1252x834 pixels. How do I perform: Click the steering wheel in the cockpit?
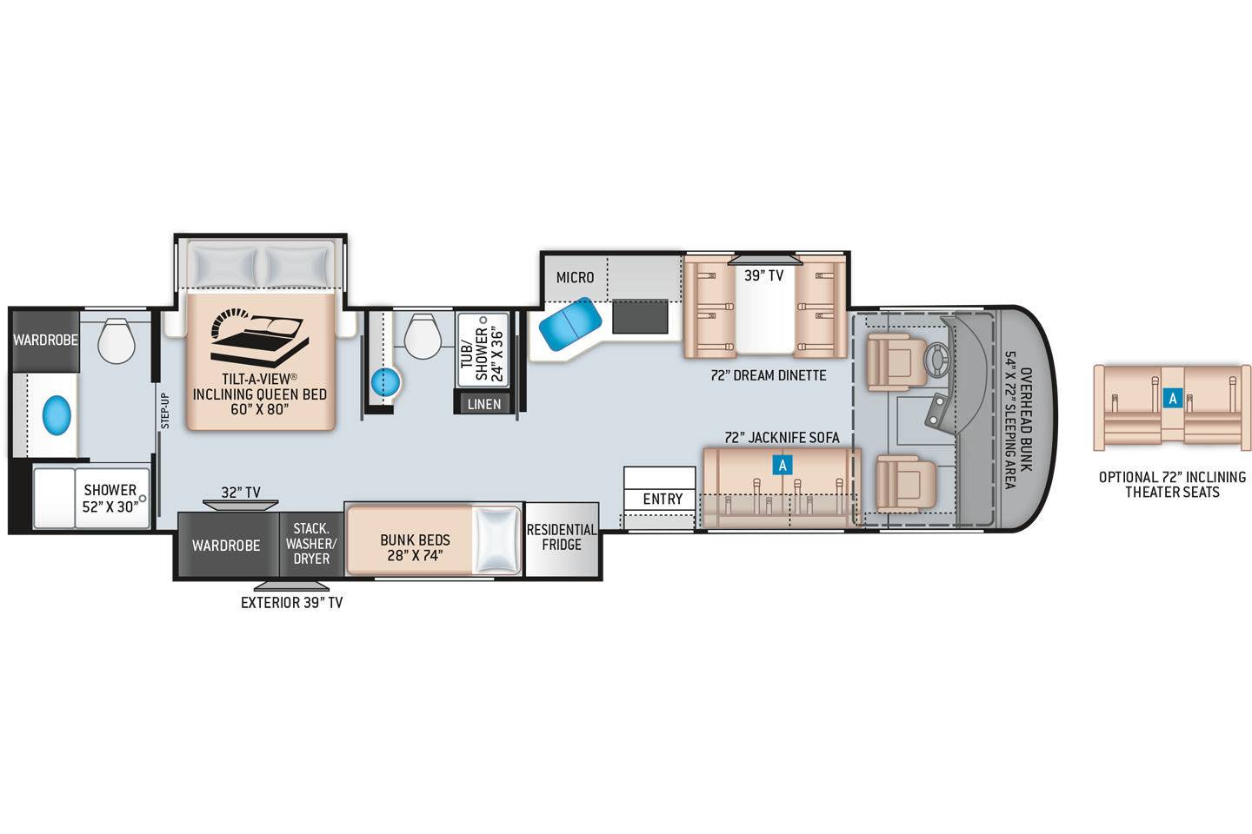pos(936,360)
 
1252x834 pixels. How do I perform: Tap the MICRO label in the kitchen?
pos(575,277)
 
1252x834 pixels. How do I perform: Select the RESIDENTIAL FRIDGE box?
pos(562,538)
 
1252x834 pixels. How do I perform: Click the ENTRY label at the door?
pos(663,499)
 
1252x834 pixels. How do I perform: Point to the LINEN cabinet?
pos(484,404)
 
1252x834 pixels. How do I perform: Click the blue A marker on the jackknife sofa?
pos(782,465)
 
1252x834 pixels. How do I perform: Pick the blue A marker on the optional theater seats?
pos(1172,399)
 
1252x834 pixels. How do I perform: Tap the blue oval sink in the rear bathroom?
pos(57,415)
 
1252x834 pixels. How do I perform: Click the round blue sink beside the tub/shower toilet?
pos(385,381)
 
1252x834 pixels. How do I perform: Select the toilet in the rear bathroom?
pos(116,340)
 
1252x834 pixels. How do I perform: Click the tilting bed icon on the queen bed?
pos(259,337)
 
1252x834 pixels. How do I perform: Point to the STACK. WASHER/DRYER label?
pos(311,544)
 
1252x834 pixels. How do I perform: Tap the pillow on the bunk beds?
pos(496,539)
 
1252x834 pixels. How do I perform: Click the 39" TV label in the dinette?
pos(763,275)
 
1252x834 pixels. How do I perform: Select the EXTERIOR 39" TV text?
pos(291,603)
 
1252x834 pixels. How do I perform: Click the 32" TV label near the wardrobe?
pos(241,492)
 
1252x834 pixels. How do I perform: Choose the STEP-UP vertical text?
pos(164,411)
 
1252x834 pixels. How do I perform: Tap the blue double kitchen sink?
pos(569,323)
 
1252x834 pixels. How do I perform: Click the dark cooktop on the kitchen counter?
pos(640,317)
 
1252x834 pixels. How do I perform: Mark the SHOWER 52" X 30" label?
pos(110,499)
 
